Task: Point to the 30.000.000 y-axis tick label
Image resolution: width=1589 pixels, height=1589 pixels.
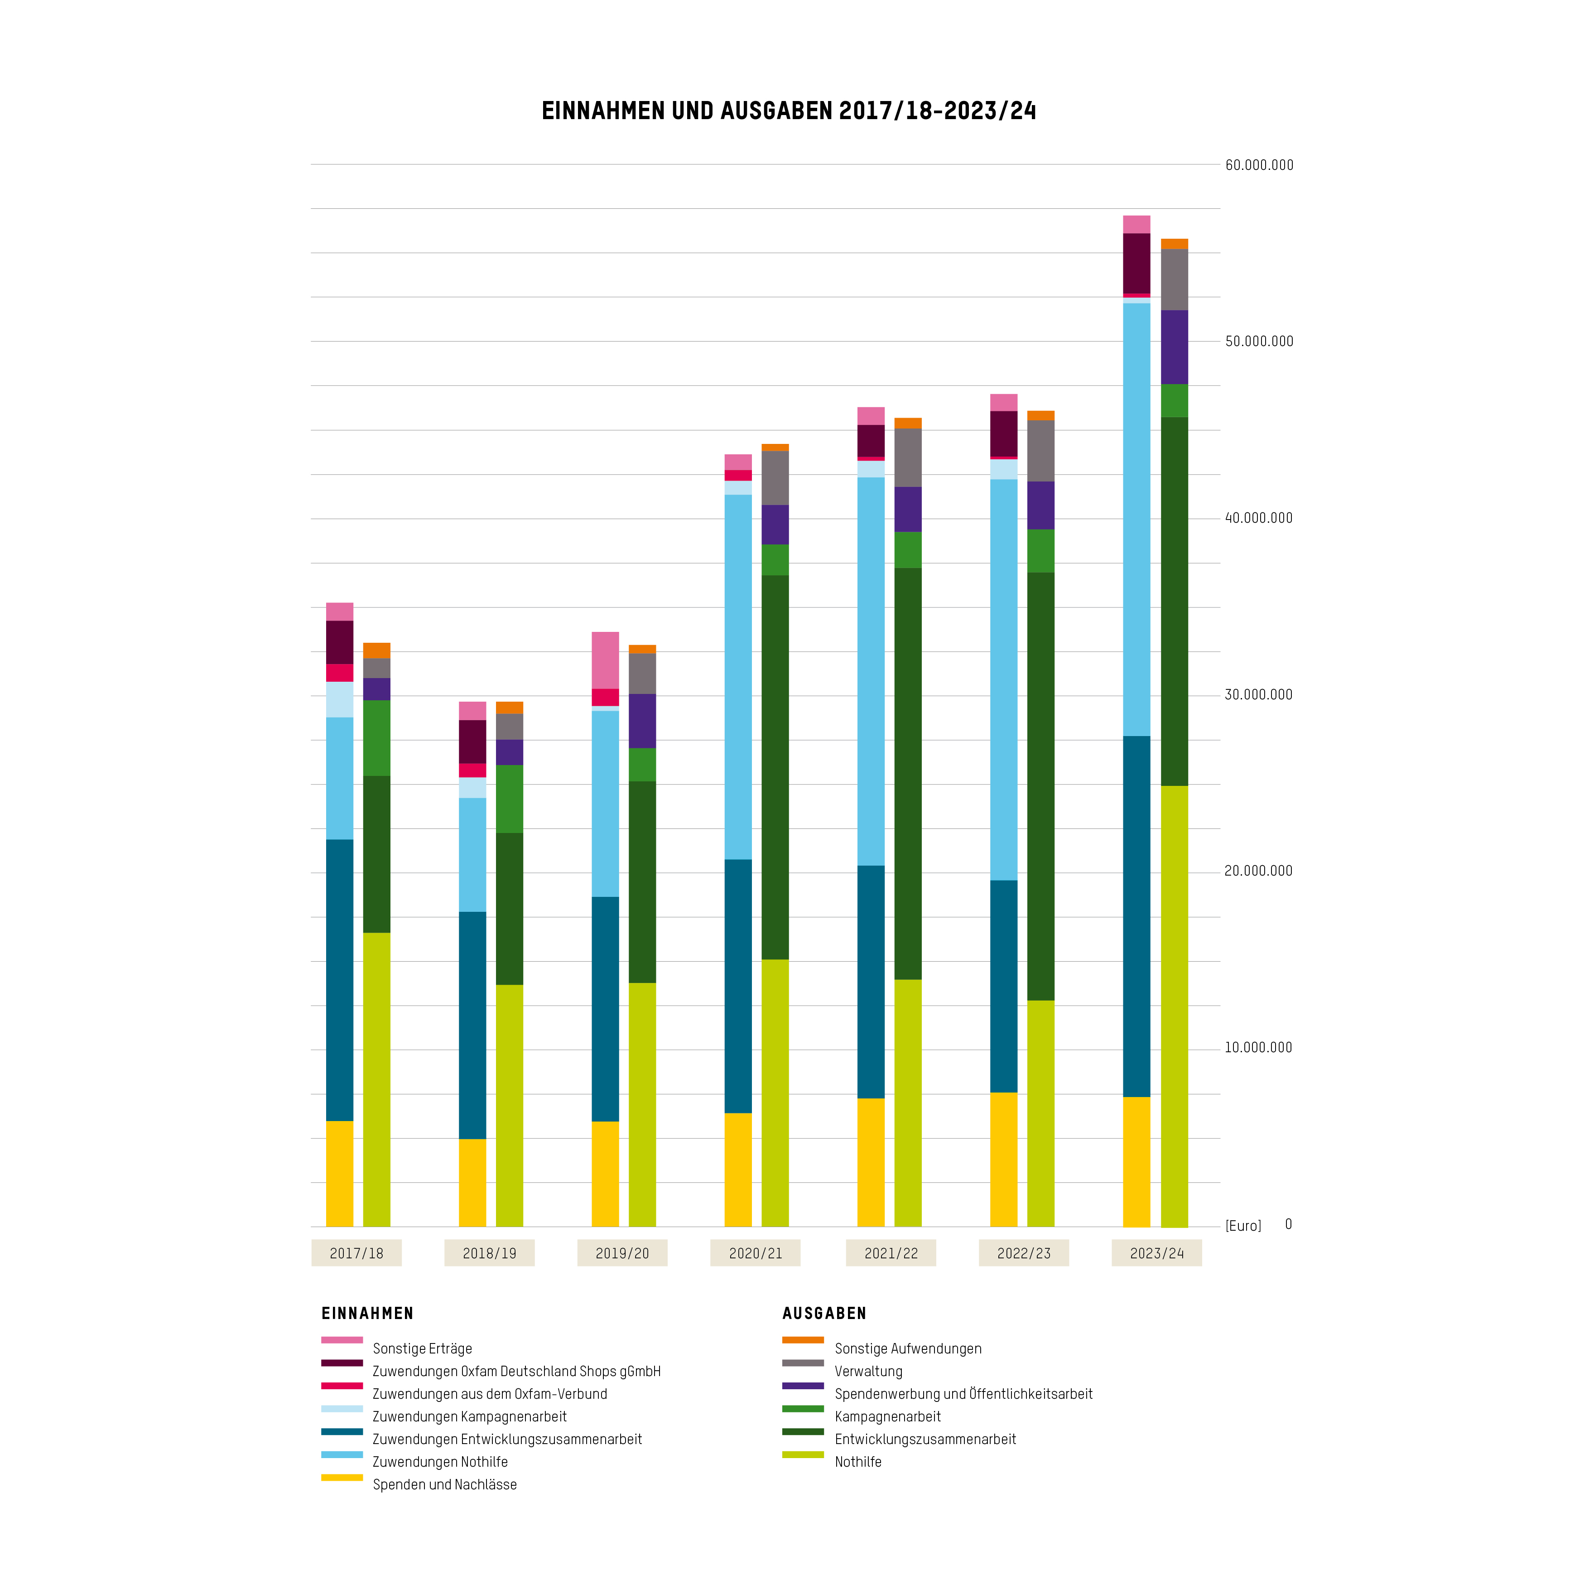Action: pos(1258,695)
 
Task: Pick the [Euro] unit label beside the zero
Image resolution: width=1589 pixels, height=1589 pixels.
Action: pos(1243,1225)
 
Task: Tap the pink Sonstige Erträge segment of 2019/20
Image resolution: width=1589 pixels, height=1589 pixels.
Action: pos(605,660)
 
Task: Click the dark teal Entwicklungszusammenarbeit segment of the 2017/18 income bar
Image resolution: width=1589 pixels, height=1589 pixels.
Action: pos(340,980)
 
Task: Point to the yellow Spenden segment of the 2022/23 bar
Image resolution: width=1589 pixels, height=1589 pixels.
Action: pos(1003,1160)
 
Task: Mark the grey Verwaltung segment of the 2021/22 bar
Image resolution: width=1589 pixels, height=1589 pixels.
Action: pos(908,457)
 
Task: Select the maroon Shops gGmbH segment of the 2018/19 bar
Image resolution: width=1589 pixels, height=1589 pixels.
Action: pos(472,742)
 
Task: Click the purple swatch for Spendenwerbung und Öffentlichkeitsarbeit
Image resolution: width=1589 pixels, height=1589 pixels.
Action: pos(803,1386)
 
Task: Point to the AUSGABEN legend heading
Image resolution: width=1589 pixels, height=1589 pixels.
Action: pos(824,1314)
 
